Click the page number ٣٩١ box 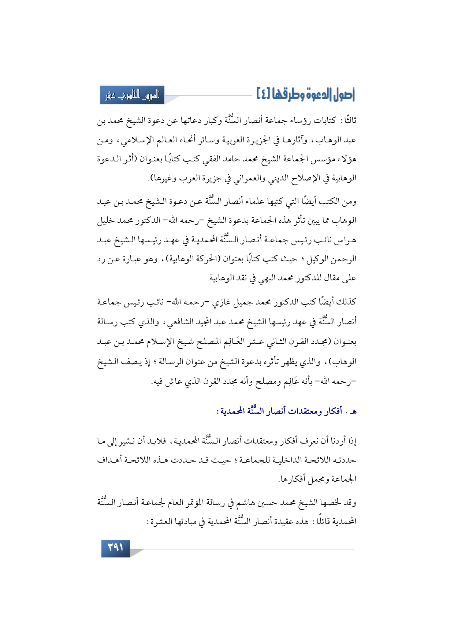coord(115,548)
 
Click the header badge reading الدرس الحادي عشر coord(133,95)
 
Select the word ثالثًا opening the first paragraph coord(348,121)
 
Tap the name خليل coord(107,221)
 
